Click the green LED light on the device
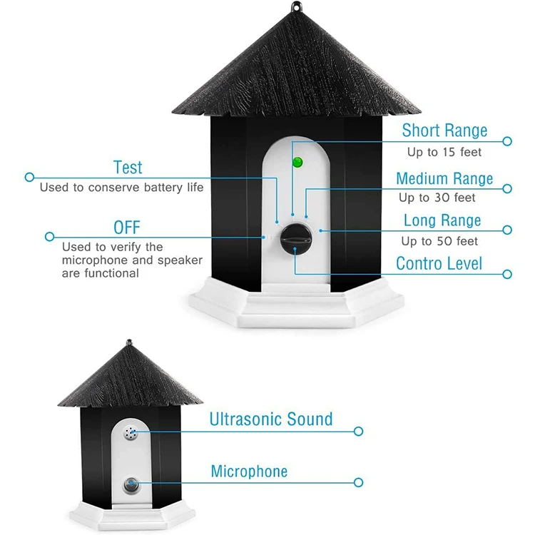click(297, 162)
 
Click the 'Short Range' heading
click(444, 130)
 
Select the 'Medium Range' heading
click(444, 178)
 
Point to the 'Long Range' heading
click(442, 220)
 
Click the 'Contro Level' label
click(439, 263)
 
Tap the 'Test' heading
click(128, 168)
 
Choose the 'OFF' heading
click(127, 228)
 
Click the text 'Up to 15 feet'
click(444, 152)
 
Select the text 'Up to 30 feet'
click(437, 198)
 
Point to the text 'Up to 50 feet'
click(439, 241)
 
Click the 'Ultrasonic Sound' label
click(271, 419)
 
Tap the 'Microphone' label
click(249, 472)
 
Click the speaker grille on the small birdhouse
click(131, 432)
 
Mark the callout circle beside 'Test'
click(29, 176)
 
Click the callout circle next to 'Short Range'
click(508, 141)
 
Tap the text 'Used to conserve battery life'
click(121, 188)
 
